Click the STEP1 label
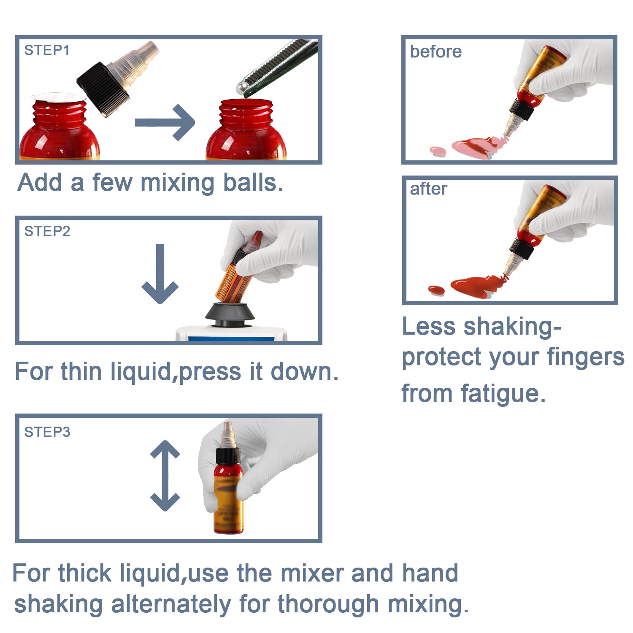[x=47, y=50]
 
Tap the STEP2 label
[x=47, y=231]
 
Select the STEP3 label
[x=47, y=432]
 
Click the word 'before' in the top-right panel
[x=436, y=51]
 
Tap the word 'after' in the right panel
[x=428, y=189]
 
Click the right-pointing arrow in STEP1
[x=165, y=122]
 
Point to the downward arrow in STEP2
[x=160, y=273]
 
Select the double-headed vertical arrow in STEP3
[x=165, y=476]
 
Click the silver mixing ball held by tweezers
[x=242, y=88]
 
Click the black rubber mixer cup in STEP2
[x=230, y=315]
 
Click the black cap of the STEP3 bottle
[x=228, y=456]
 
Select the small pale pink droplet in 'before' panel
[x=438, y=151]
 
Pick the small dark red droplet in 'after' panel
[x=436, y=290]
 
